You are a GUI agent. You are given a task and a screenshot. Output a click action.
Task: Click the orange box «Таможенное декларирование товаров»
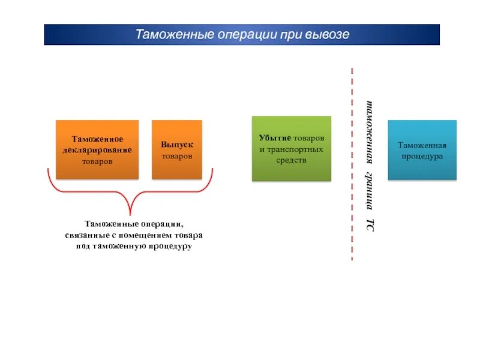click(97, 149)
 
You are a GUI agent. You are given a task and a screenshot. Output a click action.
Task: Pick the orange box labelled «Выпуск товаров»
click(176, 149)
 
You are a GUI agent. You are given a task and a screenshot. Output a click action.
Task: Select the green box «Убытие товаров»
click(291, 149)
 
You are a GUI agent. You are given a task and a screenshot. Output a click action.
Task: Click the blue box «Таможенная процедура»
click(422, 150)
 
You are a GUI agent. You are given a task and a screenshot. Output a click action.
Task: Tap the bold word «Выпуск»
click(176, 145)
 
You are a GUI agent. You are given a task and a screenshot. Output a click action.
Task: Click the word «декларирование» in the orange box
click(97, 150)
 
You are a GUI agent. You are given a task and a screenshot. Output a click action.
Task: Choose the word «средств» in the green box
click(291, 160)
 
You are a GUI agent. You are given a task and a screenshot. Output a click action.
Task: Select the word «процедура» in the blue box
click(422, 156)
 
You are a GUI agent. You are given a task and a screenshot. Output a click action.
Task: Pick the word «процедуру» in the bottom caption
click(172, 246)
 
